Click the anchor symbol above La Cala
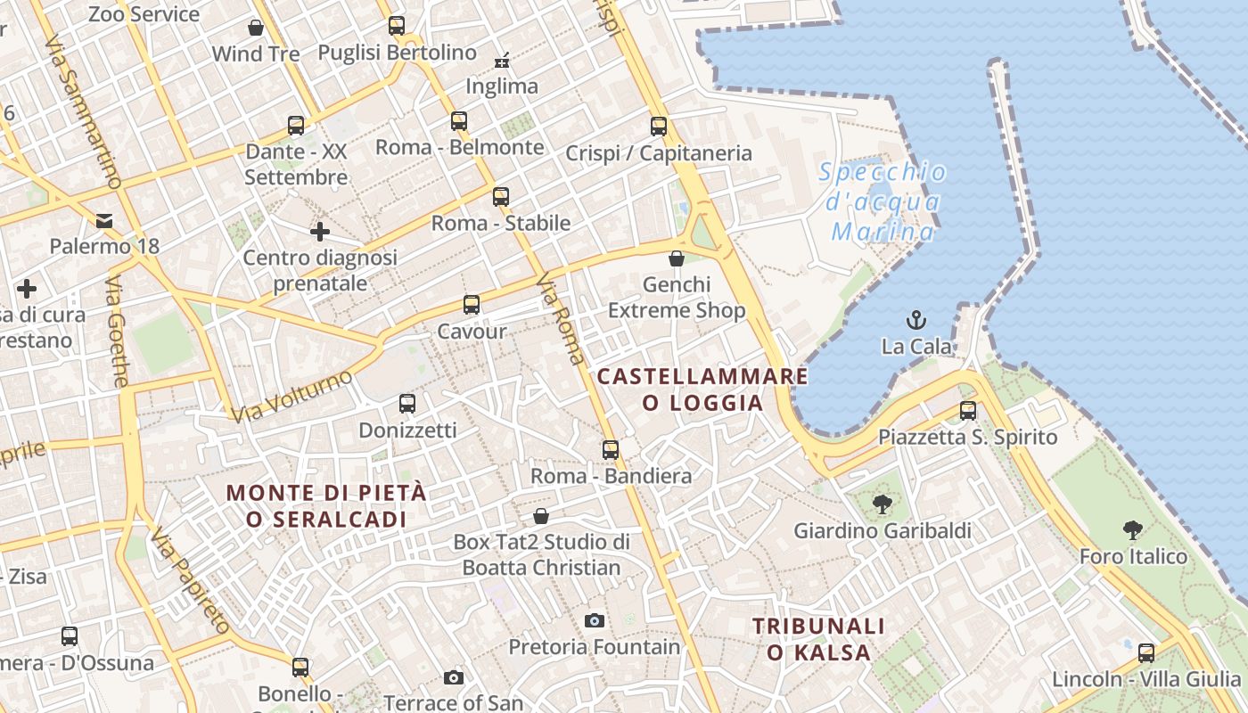(915, 320)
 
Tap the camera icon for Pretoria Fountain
(595, 620)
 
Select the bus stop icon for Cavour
(472, 305)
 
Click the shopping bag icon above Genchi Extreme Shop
(677, 258)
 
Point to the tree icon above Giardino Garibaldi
(883, 504)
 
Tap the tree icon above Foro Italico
(1133, 530)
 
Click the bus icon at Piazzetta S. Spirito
(968, 411)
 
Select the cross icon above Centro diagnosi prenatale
(320, 233)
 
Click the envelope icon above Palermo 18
(104, 220)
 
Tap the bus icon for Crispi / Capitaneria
(659, 127)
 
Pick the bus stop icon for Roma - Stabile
(501, 197)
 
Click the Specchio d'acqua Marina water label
(883, 202)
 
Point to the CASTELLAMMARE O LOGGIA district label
(702, 389)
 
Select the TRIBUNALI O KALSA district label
(819, 639)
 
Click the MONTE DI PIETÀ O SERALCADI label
(326, 505)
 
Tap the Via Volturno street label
(291, 397)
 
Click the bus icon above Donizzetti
(407, 404)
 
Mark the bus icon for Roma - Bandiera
(611, 450)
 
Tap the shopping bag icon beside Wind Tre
(256, 29)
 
